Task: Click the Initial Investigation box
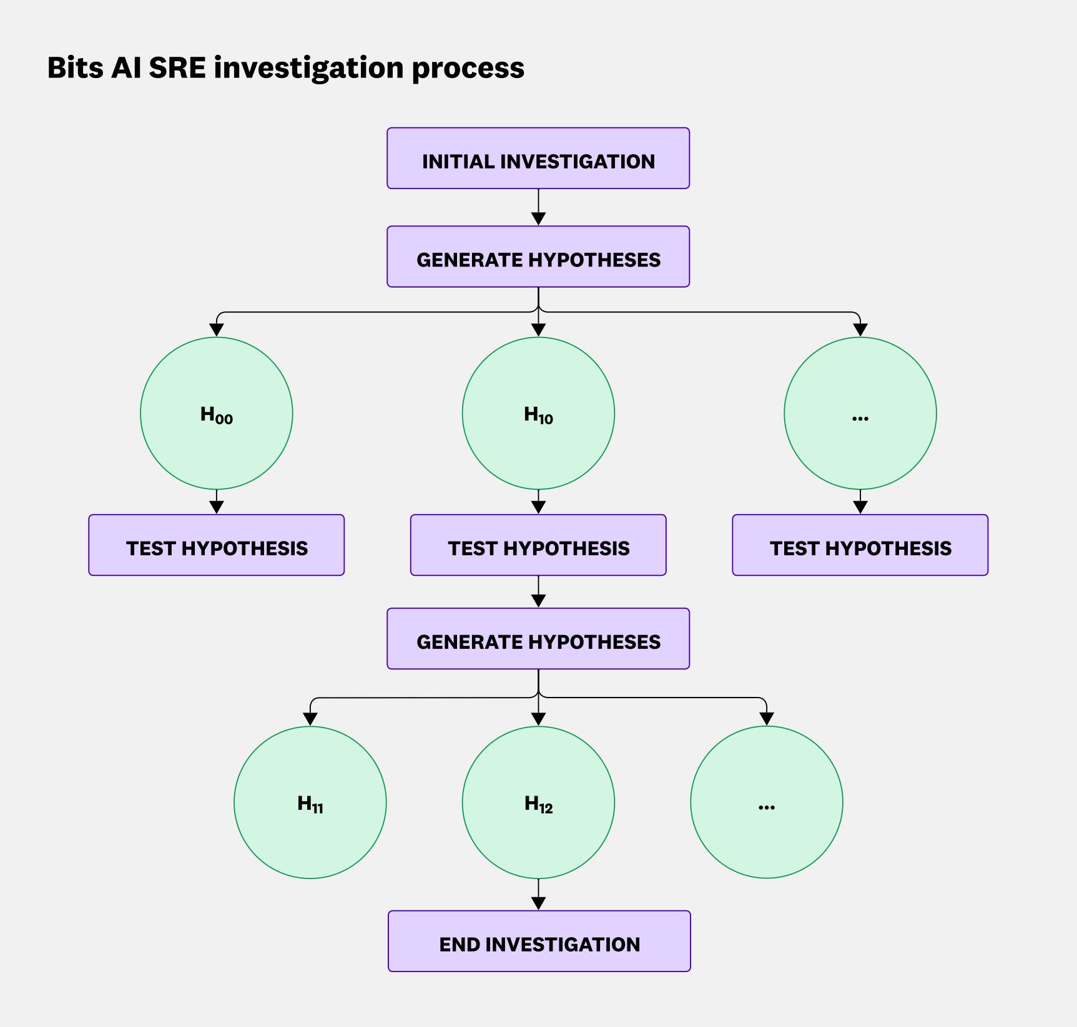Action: tap(538, 158)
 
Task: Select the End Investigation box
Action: tap(539, 941)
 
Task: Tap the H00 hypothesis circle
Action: tap(217, 414)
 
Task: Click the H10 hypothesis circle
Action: tap(538, 414)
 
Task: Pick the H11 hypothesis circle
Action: tap(310, 802)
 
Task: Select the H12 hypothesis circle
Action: tap(538, 802)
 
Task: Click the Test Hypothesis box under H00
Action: tap(217, 545)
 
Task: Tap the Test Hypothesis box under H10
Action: tap(538, 545)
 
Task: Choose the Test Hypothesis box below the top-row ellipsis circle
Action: tap(860, 545)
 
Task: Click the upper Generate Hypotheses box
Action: tap(538, 257)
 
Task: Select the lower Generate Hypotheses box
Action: tap(538, 639)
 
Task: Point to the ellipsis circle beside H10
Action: tap(860, 414)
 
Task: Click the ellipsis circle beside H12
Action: tap(766, 802)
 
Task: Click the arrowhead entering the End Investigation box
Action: tap(538, 903)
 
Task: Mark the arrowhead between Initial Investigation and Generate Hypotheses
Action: tap(538, 218)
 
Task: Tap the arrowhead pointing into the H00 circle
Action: tap(217, 329)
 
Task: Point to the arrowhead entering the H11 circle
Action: tap(310, 719)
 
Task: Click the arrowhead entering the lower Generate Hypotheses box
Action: tap(538, 600)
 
